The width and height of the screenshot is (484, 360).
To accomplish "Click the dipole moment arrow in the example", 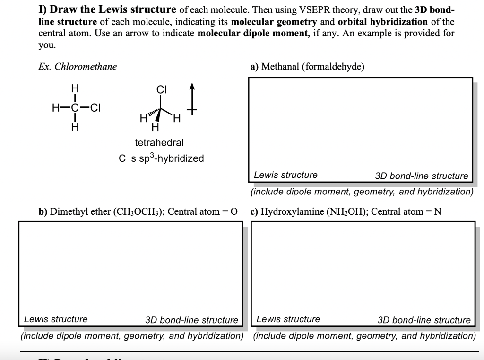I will [x=192, y=99].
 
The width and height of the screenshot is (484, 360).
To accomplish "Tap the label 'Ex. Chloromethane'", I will [x=78, y=67].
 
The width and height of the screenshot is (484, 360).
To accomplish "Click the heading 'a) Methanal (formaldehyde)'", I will [x=307, y=67].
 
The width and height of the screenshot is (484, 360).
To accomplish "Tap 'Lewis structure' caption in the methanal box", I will [x=285, y=175].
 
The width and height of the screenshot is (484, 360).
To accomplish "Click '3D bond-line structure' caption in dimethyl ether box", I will [x=192, y=320].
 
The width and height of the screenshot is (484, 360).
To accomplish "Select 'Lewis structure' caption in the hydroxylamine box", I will [x=288, y=319].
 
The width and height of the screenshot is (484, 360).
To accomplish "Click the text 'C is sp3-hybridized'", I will [x=161, y=158].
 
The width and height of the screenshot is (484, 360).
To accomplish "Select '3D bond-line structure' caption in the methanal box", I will [x=421, y=176].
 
